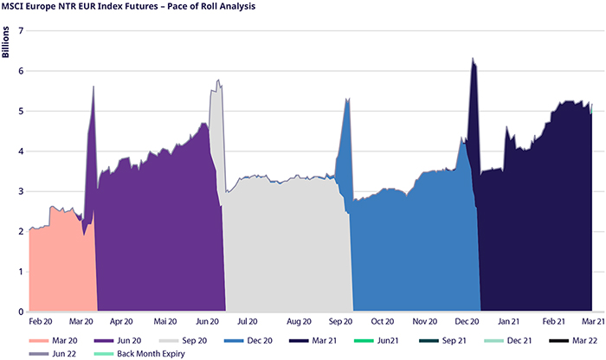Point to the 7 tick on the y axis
[20, 31]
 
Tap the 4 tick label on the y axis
[20, 151]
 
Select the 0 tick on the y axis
[20, 312]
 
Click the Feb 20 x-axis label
[41, 321]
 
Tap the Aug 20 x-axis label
[299, 321]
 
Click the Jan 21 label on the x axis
[510, 321]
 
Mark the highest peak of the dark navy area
[472, 59]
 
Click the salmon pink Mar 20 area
[61, 260]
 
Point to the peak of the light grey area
[219, 80]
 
